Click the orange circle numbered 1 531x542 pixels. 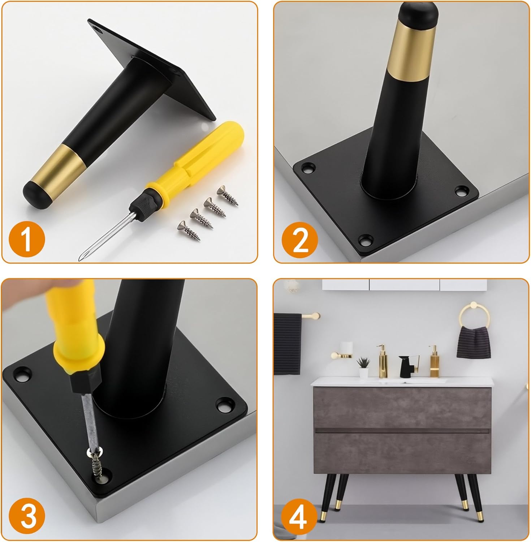[27, 238]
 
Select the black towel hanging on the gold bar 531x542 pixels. [287, 343]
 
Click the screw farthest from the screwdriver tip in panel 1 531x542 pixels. [227, 195]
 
